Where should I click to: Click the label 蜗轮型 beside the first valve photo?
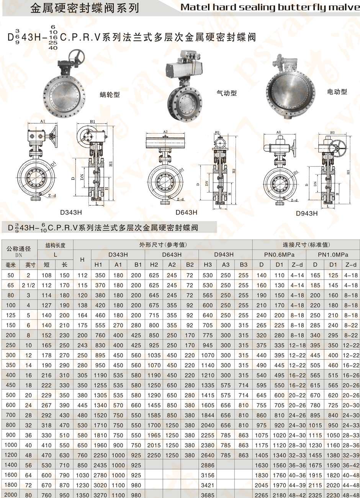point(110,94)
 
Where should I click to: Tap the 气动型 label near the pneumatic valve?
point(227,93)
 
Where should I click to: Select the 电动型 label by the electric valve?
point(337,92)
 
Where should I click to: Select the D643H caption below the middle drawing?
point(187,212)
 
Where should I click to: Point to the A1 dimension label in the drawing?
point(43,121)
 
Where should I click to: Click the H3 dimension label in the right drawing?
point(348,172)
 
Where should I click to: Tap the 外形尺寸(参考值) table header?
point(163,245)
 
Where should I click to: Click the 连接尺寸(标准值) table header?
point(306,245)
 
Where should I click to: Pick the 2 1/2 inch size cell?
point(28,285)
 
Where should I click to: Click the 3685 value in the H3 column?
point(208,495)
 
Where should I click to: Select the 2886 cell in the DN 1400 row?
point(208,465)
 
